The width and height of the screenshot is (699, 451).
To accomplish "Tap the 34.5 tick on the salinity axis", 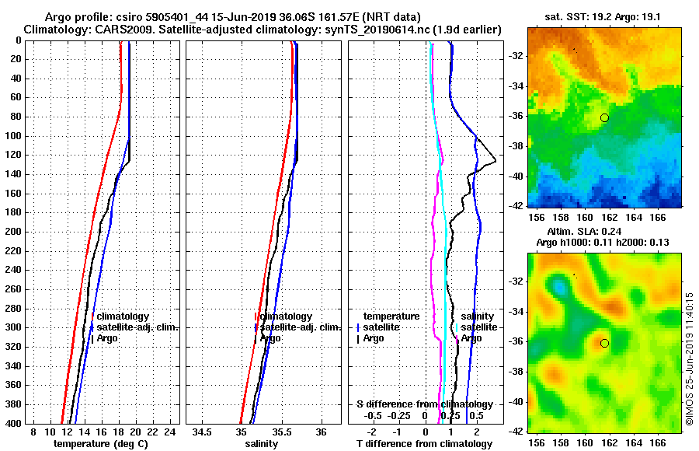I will pyautogui.click(x=203, y=432).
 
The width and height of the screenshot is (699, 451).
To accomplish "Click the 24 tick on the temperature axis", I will pyautogui.click(x=172, y=432).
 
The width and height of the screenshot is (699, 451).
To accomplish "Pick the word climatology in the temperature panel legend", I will pyautogui.click(x=123, y=316).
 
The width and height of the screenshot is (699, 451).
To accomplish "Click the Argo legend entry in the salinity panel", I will pyautogui.click(x=270, y=338).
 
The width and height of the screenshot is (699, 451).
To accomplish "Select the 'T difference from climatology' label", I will pyautogui.click(x=424, y=444).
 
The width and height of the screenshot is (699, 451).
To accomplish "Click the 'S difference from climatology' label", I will pyautogui.click(x=424, y=404).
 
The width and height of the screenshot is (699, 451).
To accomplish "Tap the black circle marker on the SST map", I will pyautogui.click(x=604, y=117).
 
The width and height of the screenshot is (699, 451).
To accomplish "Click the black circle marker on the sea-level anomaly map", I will pyautogui.click(x=604, y=343).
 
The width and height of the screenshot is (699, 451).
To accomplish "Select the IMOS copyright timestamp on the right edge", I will pyautogui.click(x=690, y=359).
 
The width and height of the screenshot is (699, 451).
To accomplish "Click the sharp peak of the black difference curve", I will pyautogui.click(x=496, y=162).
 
